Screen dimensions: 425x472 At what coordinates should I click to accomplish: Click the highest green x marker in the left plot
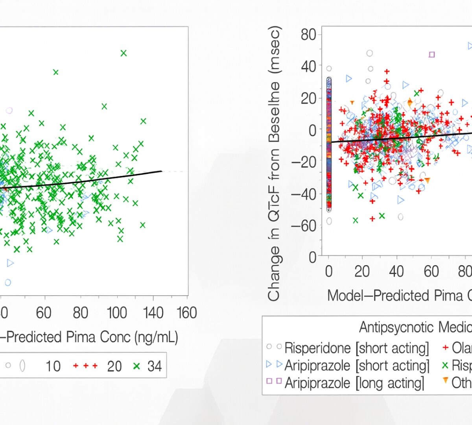124,53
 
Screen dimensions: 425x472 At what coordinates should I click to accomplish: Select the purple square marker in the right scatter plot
431,55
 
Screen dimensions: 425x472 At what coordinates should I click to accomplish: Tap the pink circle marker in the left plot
9,111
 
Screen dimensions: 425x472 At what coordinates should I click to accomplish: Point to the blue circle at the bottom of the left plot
8,282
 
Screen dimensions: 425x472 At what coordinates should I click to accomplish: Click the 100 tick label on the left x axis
116,313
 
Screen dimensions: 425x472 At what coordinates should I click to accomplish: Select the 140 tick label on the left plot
153,313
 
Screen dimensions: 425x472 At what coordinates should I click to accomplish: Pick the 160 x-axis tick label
186,313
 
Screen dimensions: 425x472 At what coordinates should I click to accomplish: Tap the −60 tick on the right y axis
304,226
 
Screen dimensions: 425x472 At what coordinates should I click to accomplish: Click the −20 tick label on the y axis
304,162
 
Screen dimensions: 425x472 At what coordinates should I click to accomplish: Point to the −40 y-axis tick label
304,194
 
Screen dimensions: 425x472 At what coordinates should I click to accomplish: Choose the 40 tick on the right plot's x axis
396,272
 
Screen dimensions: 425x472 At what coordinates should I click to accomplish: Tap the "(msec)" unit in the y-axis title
274,50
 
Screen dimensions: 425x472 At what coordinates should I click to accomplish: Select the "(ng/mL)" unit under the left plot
156,337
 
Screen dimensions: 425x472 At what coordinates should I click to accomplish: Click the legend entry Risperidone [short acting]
356,348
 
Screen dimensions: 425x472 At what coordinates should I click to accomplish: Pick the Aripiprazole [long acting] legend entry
354,382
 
